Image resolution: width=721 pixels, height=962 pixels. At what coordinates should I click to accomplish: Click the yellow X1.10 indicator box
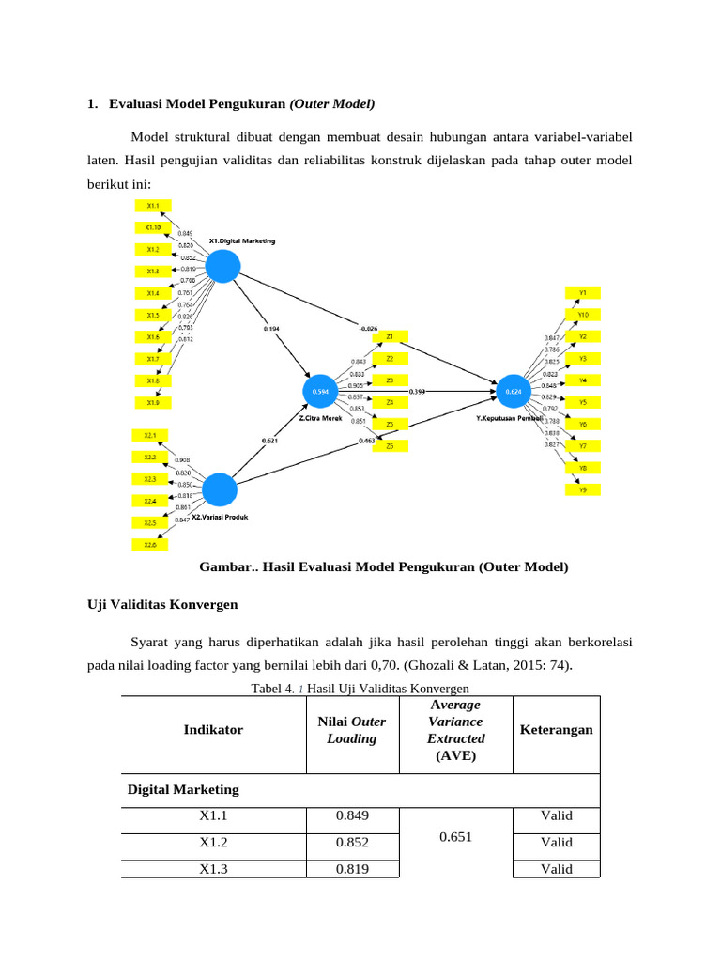click(152, 227)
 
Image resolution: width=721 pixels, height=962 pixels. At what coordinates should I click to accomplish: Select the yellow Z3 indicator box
click(390, 380)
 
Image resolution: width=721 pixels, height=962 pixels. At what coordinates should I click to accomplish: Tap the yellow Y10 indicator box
click(583, 315)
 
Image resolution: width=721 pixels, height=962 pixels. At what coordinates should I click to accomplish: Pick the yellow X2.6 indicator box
click(150, 545)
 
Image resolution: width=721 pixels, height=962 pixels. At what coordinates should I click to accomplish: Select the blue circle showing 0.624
click(514, 390)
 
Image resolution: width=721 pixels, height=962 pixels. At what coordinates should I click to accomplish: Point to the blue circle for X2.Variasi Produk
click(220, 490)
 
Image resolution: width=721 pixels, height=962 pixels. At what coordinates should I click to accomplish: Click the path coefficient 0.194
click(271, 329)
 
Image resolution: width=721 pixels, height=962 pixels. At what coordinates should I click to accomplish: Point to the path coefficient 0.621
click(268, 441)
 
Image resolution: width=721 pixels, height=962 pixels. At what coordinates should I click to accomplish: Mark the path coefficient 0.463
click(368, 440)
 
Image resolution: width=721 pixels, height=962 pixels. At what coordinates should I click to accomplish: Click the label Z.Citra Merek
click(320, 419)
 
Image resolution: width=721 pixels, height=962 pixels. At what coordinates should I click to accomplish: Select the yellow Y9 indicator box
click(583, 489)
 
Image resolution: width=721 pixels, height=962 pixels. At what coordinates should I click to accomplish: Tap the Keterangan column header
click(556, 730)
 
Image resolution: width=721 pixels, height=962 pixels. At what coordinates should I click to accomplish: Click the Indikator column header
click(213, 730)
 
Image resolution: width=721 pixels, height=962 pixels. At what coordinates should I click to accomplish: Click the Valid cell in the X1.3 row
click(556, 869)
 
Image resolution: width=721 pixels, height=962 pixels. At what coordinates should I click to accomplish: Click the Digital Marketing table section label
click(183, 789)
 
